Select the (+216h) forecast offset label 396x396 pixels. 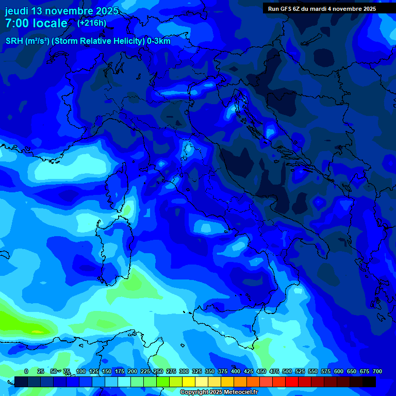91,23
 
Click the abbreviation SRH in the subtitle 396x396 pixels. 14,41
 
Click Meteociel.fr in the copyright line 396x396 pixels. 236,392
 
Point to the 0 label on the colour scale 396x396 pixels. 26,371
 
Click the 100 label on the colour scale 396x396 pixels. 81,371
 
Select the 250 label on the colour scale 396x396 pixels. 158,371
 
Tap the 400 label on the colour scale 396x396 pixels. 236,371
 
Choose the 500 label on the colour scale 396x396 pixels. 287,371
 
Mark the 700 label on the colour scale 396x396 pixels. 377,371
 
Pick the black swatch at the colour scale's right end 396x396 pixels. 369,382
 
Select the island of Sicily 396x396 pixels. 227,327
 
